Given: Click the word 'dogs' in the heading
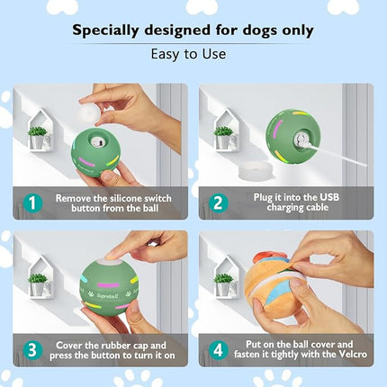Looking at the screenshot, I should click(241, 31).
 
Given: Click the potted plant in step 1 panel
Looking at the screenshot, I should click(37, 137).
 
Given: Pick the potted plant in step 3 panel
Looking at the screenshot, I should click(37, 283).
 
